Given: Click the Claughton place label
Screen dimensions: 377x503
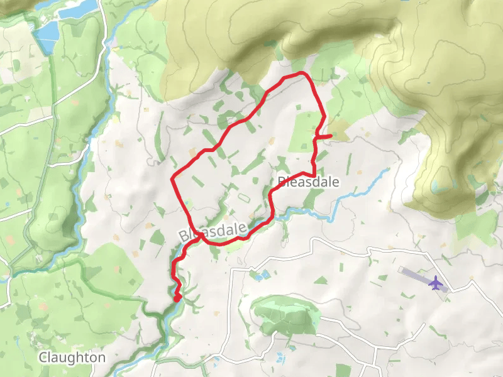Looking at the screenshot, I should (x=72, y=357).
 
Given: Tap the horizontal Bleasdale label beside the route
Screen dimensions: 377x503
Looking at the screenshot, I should (x=308, y=182).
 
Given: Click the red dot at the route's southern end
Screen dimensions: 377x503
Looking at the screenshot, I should (x=177, y=297).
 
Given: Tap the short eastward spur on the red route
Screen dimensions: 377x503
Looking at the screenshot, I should (x=324, y=136).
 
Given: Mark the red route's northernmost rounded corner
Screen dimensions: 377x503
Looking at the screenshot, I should (x=304, y=74).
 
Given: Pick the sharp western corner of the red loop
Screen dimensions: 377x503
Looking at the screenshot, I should (x=172, y=180).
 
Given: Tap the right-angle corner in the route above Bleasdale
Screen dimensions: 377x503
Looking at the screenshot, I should (x=312, y=174).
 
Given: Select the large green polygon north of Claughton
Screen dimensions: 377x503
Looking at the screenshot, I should (x=113, y=276).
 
